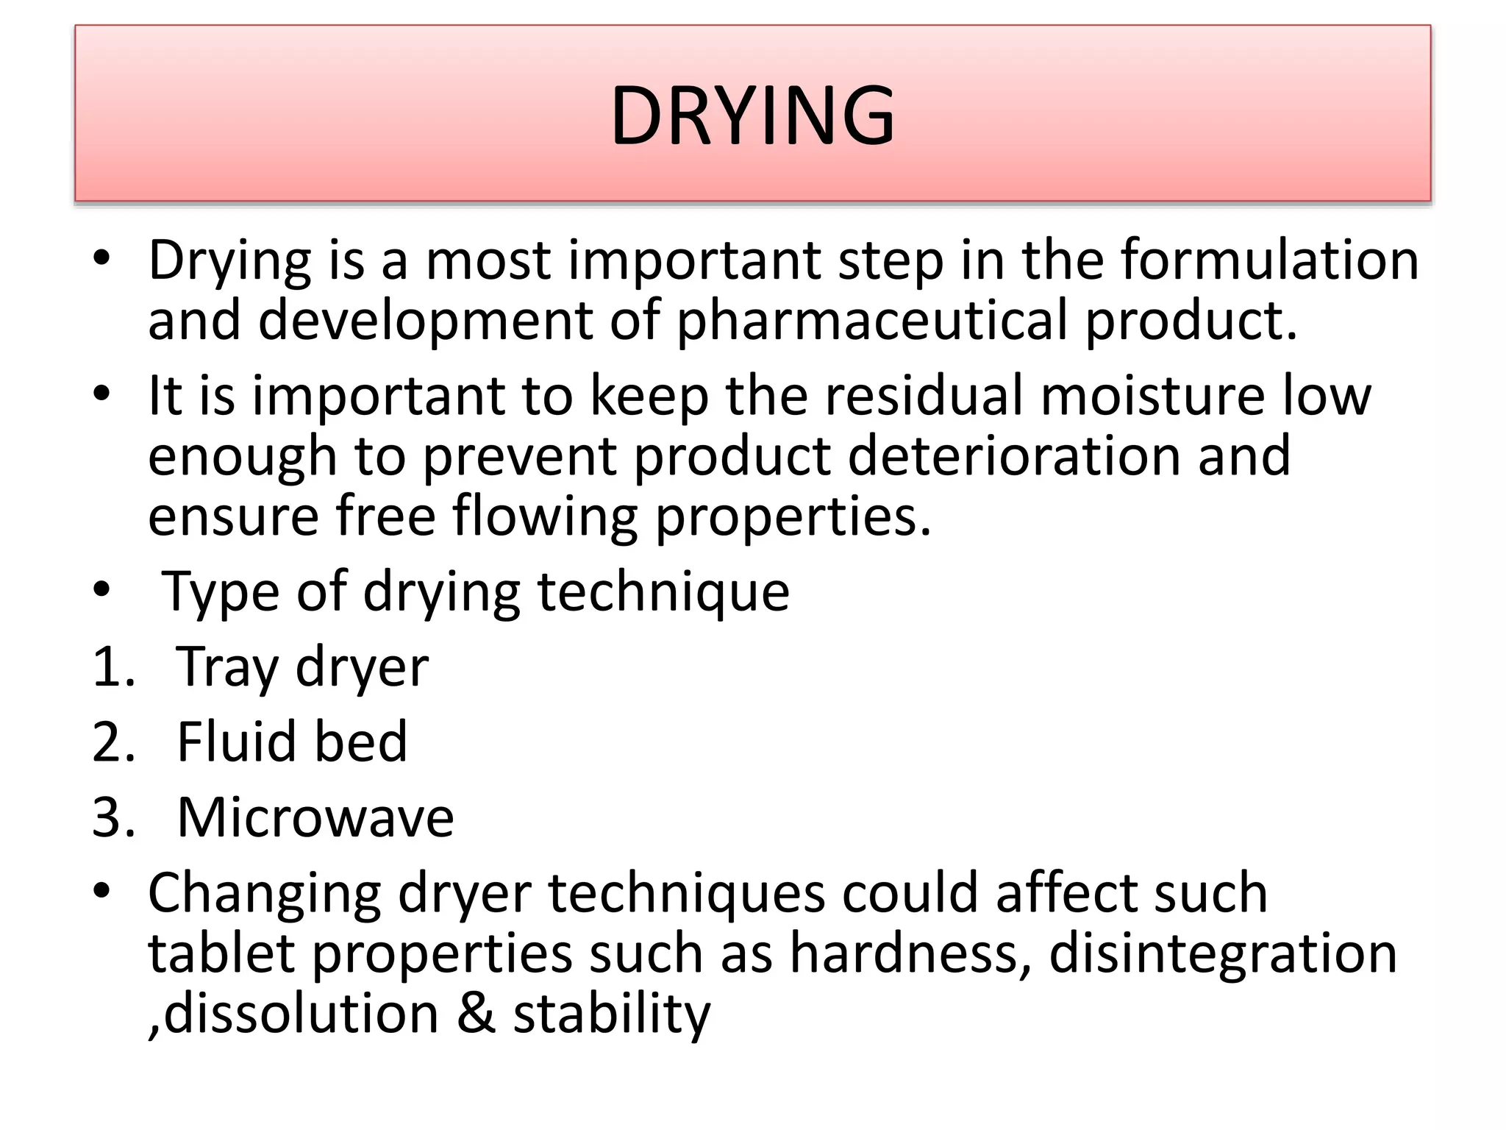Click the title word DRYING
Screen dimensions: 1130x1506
(x=752, y=116)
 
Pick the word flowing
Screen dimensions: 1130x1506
(x=545, y=517)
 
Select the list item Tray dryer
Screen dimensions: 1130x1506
(x=302, y=667)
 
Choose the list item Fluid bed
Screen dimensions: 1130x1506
(x=292, y=742)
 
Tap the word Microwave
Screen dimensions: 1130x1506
(x=315, y=817)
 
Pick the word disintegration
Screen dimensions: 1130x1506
(x=1222, y=953)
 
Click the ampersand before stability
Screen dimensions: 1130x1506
(x=476, y=1014)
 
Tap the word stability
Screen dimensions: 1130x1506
(x=612, y=1014)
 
